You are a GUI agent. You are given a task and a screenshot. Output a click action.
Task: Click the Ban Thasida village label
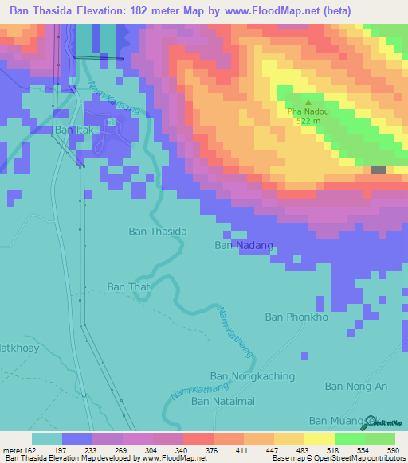(x=158, y=231)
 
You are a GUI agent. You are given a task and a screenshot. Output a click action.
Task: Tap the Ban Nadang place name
(x=245, y=246)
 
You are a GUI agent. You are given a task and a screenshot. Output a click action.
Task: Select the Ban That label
(x=128, y=286)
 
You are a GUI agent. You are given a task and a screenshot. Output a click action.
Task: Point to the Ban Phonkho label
(x=296, y=317)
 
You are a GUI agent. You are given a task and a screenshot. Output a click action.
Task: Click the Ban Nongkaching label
(x=252, y=375)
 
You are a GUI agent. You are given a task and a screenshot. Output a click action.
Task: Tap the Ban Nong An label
(x=356, y=386)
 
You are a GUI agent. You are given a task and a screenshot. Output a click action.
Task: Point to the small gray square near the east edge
(x=378, y=170)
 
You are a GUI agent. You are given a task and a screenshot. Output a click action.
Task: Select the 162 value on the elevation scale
(x=24, y=449)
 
